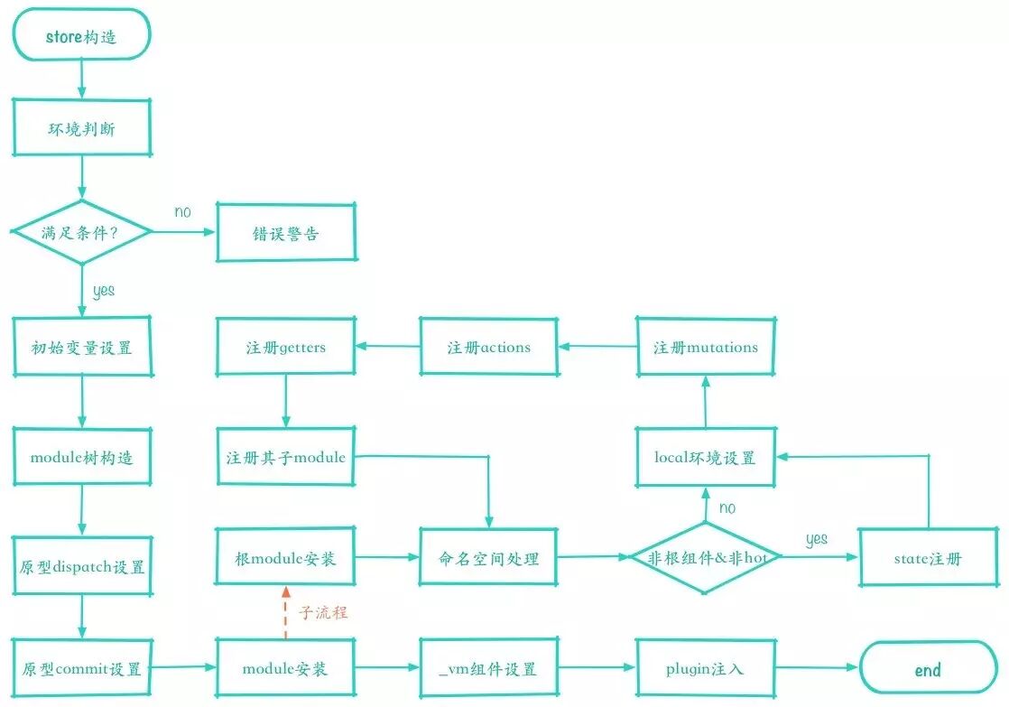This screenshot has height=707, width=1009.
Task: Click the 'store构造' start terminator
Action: tap(81, 35)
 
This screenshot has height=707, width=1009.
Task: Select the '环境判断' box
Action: tap(82, 127)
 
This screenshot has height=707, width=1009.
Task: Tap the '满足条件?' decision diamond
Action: tap(82, 232)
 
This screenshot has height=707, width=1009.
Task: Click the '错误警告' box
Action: tap(286, 232)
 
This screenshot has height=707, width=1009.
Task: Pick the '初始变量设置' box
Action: tap(82, 347)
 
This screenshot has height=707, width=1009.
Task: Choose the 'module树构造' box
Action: tap(82, 457)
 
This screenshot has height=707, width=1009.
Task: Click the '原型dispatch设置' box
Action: tap(82, 566)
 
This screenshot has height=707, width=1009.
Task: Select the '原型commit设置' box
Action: tap(82, 668)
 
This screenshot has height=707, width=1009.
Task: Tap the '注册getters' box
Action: tap(286, 347)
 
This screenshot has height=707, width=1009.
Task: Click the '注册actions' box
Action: tap(489, 347)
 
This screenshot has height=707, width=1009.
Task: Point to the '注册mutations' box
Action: tap(705, 347)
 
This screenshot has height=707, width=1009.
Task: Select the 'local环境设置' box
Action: tap(705, 457)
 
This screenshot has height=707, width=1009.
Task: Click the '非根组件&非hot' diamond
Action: tap(705, 557)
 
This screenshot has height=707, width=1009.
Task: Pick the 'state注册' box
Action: tap(928, 558)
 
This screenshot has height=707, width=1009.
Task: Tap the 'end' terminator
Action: tap(928, 668)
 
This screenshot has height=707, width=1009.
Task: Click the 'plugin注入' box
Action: tap(705, 668)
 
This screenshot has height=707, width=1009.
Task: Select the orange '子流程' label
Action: tap(323, 611)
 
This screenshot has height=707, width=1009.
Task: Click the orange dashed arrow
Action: tap(286, 612)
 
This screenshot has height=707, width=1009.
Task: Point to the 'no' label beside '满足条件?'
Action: tap(182, 211)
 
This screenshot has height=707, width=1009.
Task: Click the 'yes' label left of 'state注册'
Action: tap(817, 539)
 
